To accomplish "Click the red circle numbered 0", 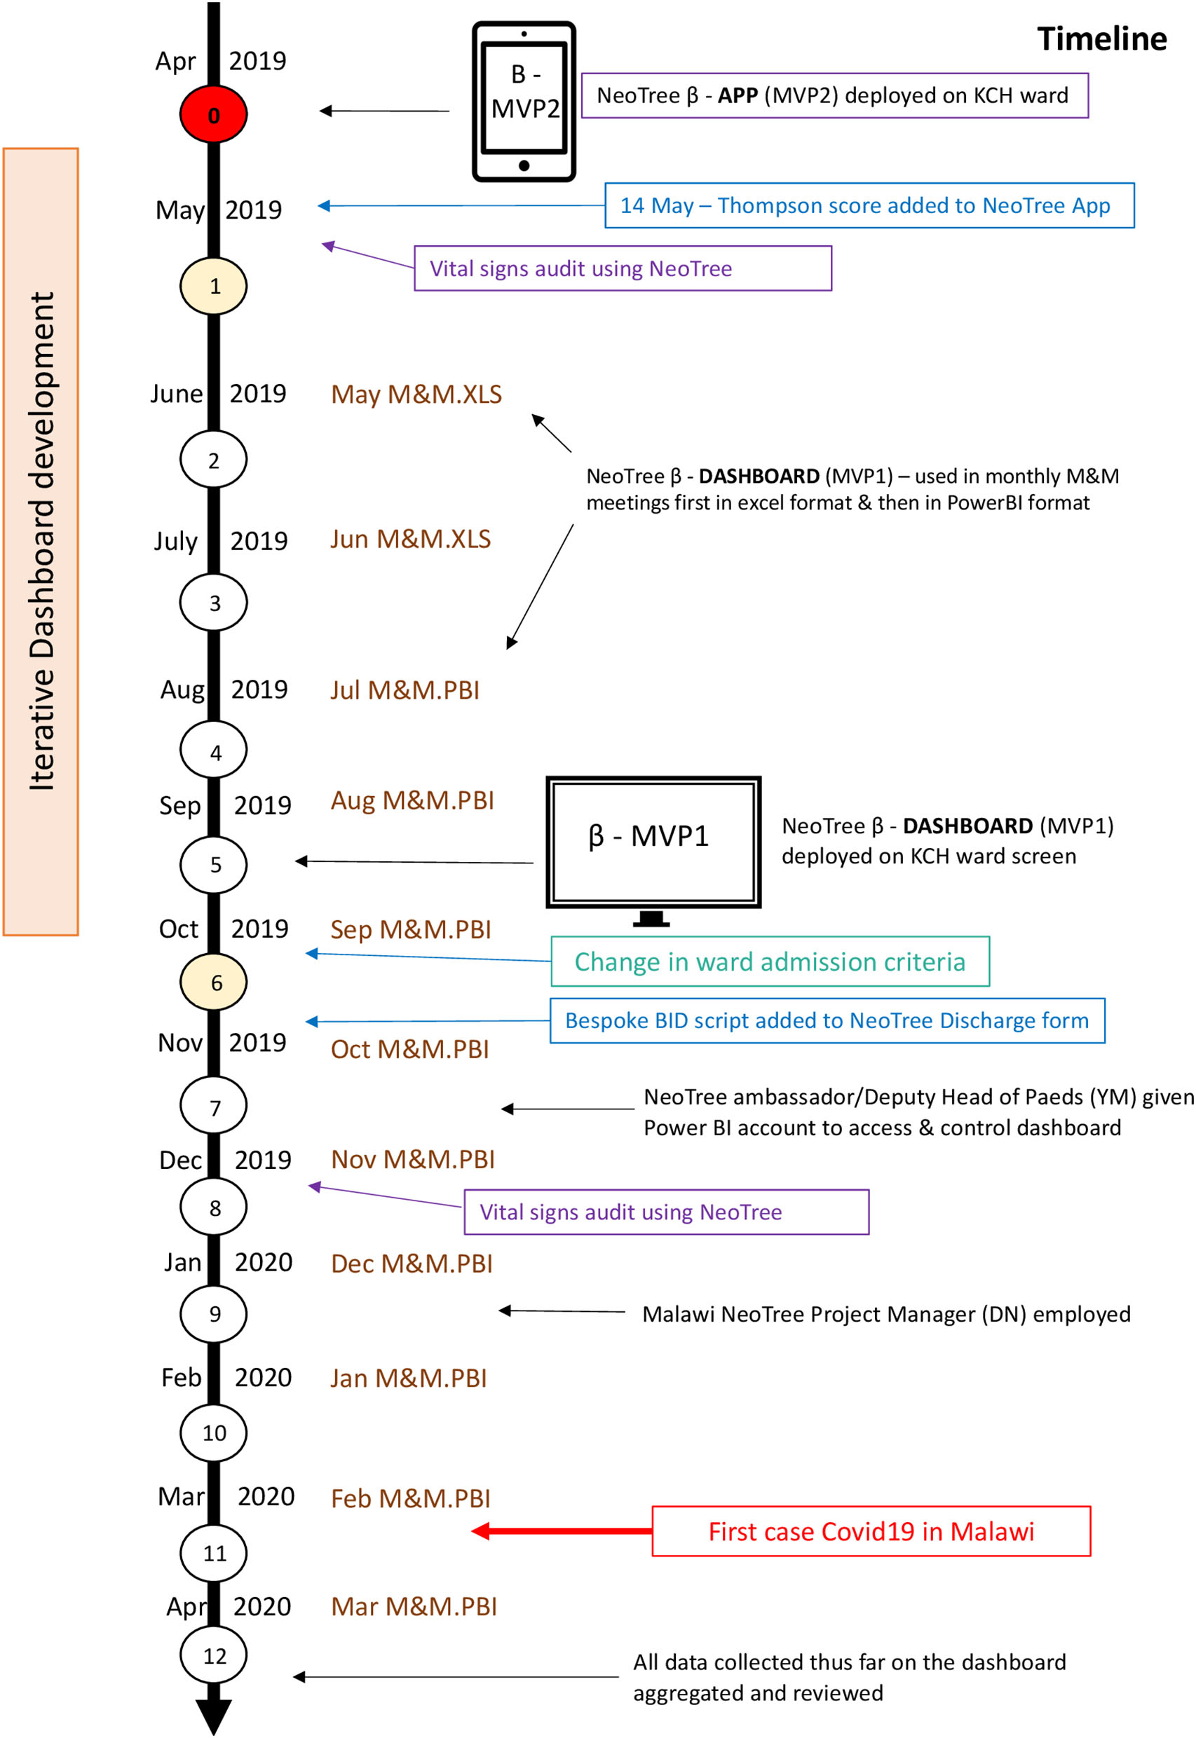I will coord(214,115).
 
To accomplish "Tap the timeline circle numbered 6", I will coord(214,982).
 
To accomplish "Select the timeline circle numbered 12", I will coord(214,1655).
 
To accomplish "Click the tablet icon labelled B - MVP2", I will coord(524,101).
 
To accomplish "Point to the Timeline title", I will coord(1101,39).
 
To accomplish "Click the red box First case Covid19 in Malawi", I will coord(871,1531).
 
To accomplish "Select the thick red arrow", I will coord(562,1531).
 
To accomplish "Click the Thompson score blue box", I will coord(869,205).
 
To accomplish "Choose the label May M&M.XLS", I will coord(416,394).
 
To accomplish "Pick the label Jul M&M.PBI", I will coord(405,690).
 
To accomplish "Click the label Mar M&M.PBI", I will coord(414,1606).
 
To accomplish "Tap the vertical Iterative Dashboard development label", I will coord(41,541).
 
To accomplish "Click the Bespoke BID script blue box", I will coord(827,1020).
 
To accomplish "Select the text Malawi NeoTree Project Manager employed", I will coord(885,1314).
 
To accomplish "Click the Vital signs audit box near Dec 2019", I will coord(666,1212).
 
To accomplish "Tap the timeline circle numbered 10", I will coord(214,1433).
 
